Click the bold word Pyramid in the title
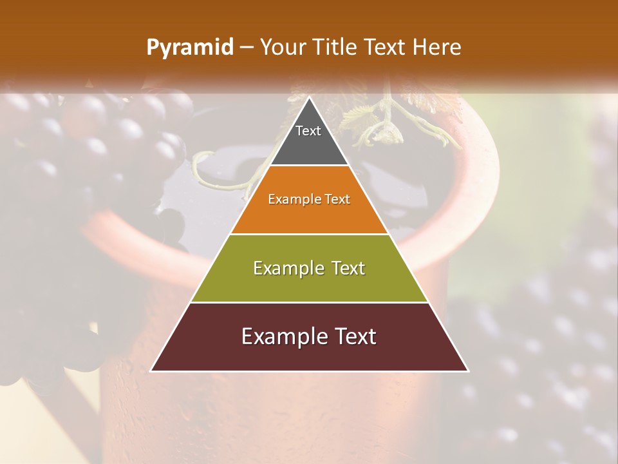click(189, 48)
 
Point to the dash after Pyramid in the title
click(247, 48)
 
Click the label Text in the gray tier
click(308, 131)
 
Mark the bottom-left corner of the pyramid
click(151, 371)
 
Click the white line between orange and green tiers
click(309, 234)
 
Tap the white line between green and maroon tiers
click(309, 302)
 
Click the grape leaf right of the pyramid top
click(360, 116)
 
